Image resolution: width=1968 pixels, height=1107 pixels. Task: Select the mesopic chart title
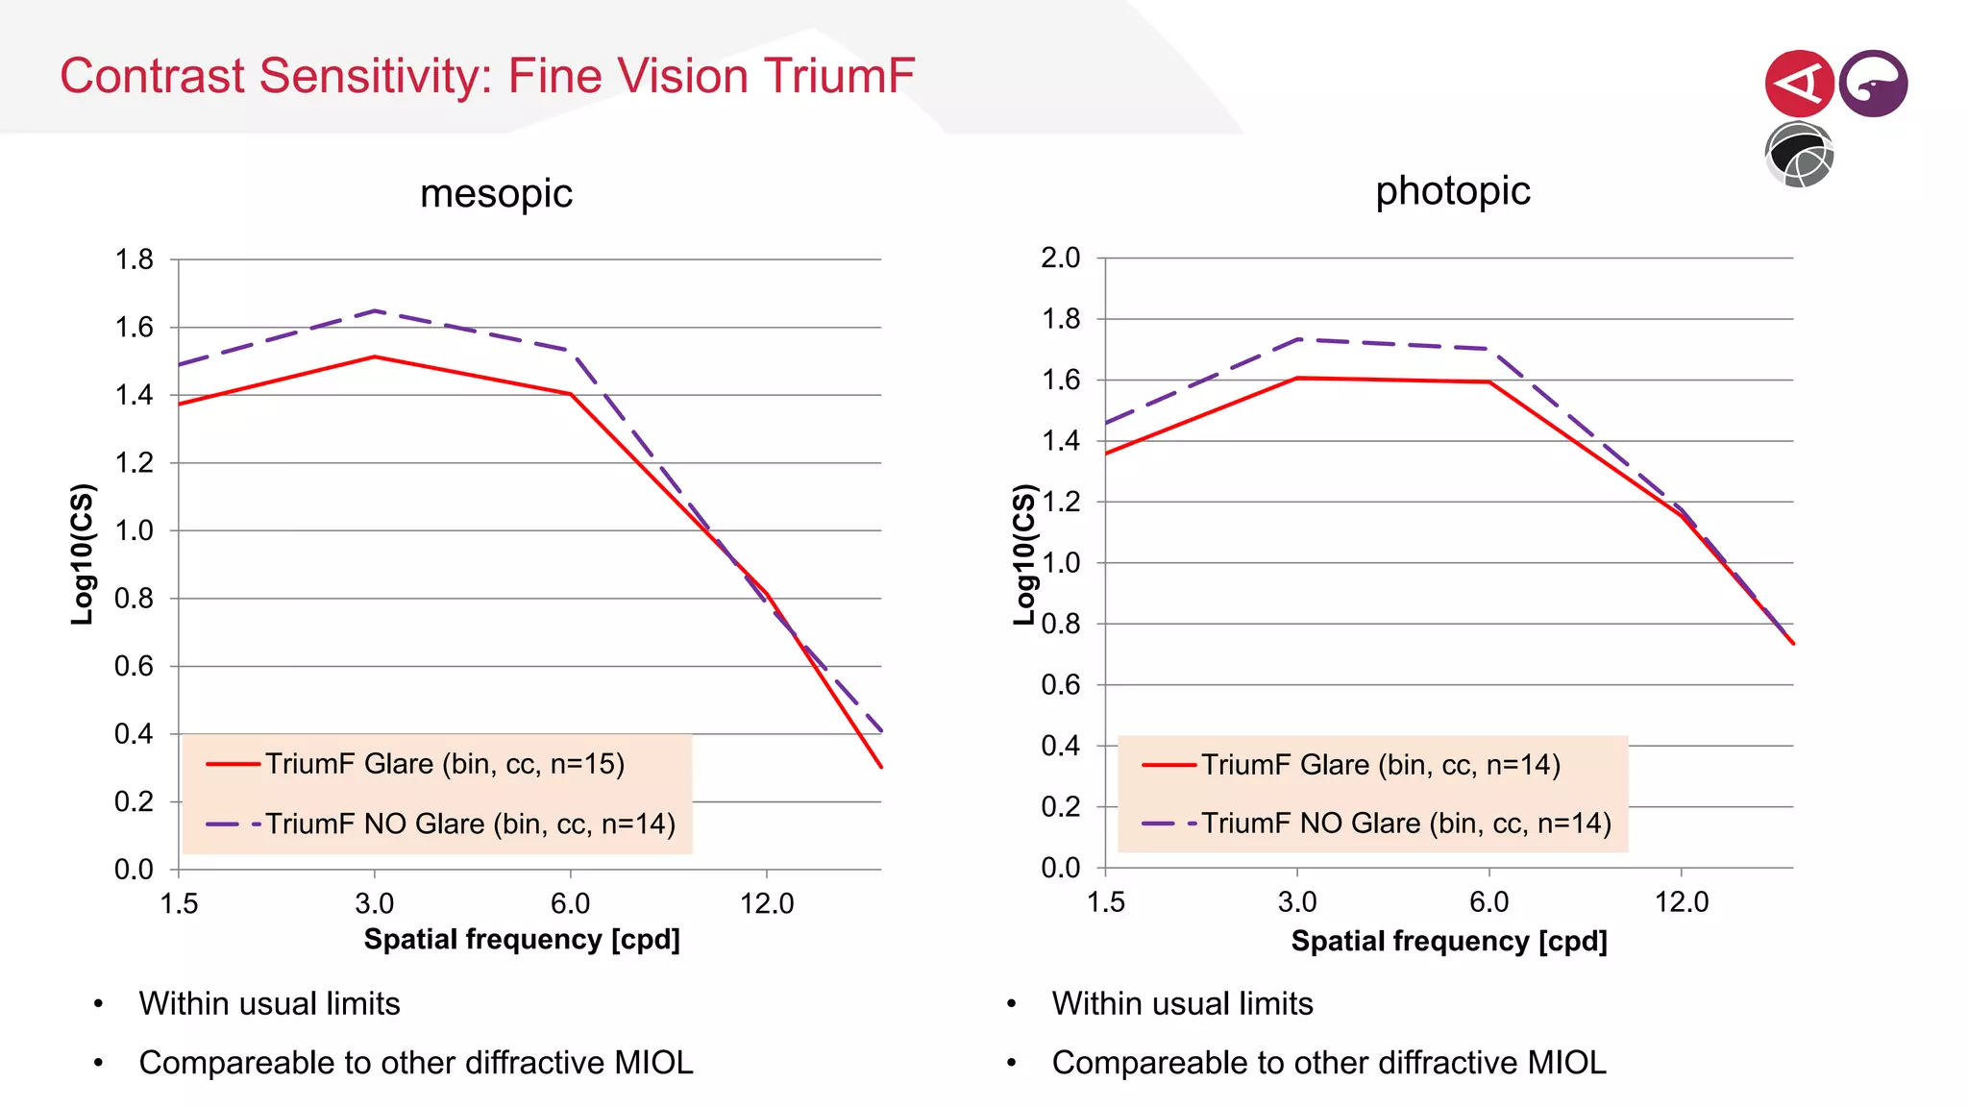pos(496,194)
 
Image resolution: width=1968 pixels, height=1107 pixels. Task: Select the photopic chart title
pos(1452,190)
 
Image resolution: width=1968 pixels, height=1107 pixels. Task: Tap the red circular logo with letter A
pos(1798,84)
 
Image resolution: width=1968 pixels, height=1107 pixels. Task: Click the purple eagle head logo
pos(1873,84)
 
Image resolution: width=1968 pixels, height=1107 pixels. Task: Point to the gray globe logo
pos(1799,155)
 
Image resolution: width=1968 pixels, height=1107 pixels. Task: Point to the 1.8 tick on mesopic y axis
pos(135,259)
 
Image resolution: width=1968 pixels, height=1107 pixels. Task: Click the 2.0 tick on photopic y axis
pos(1060,258)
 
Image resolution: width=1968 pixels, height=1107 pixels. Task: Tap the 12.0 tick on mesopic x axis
pos(766,903)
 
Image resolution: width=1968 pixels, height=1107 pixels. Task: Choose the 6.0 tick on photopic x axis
pos(1488,901)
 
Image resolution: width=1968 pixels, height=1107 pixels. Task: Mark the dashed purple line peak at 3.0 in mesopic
pos(375,310)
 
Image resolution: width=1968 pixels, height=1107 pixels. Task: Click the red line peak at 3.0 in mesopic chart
pos(375,357)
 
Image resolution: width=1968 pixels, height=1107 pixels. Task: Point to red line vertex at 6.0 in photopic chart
pos(1488,381)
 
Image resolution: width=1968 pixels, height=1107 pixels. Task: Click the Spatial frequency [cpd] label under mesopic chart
pos(522,939)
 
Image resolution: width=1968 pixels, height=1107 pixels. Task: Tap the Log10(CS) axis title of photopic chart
pos(1024,554)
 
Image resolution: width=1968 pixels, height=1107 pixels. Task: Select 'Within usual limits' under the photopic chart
pos(1182,1003)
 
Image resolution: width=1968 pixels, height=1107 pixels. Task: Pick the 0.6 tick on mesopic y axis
pos(135,666)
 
